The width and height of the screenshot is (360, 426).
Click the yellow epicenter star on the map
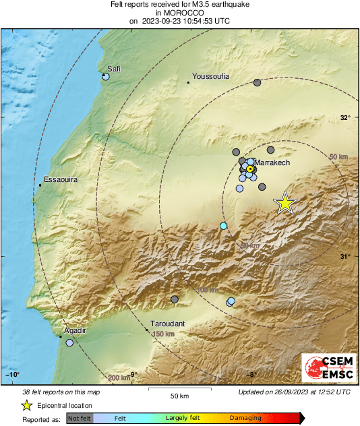coord(286,202)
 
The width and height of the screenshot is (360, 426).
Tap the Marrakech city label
coord(272,162)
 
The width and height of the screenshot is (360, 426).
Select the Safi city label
coord(113,68)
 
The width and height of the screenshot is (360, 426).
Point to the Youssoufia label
coord(211,76)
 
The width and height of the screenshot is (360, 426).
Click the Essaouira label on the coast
coord(61,179)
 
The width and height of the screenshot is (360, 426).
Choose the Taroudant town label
coord(167,324)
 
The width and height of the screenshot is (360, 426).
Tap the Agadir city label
coord(75,330)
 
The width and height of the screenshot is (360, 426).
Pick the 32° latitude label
coord(345,117)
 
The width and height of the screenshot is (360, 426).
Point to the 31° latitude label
coord(345,256)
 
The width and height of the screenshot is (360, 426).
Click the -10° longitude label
coord(13,375)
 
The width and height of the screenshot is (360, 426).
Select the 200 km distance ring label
coord(119,377)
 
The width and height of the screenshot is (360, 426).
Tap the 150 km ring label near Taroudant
coord(163,334)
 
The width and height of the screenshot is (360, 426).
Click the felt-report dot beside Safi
coord(105,77)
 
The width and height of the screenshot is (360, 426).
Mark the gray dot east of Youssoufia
coord(257,83)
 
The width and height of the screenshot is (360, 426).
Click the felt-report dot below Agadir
coord(69,343)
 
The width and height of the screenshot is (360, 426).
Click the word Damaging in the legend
coord(245,418)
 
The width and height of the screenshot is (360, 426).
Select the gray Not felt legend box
coord(80,418)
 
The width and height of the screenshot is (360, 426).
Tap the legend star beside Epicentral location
coord(26,405)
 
